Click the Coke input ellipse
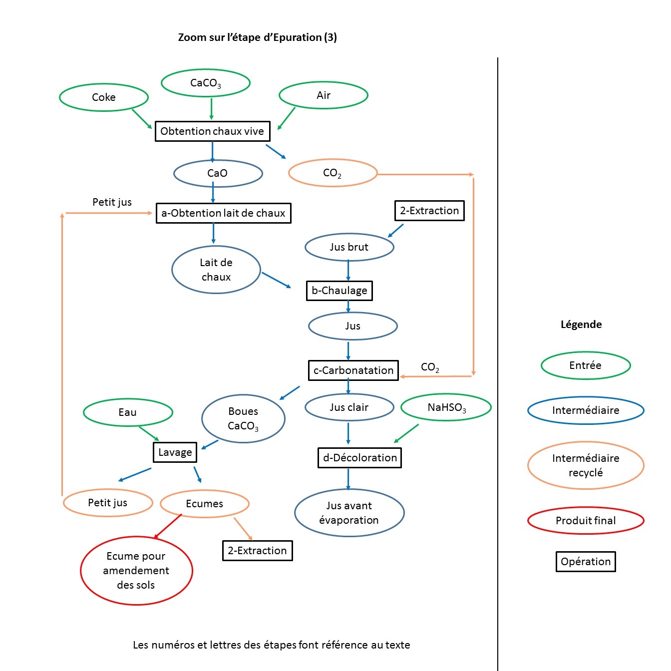coord(104,97)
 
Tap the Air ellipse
coord(324,95)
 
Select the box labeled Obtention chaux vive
coord(212,131)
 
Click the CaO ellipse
coord(218,173)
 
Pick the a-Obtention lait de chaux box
coord(223,213)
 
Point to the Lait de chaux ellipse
coord(216,270)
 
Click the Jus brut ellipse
coord(349,247)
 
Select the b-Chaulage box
coord(339,291)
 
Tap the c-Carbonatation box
coord(353,370)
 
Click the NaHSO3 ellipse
coord(446,408)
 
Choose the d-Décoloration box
coord(359,458)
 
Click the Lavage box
coord(175,452)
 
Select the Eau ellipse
coord(128,412)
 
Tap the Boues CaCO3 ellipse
coord(243,419)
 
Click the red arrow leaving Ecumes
coord(168,526)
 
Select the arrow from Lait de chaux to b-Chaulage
coord(276,280)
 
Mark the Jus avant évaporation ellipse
coord(349,513)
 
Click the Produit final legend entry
coord(586,521)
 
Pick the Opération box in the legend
coord(586,562)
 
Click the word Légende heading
coord(581,325)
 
